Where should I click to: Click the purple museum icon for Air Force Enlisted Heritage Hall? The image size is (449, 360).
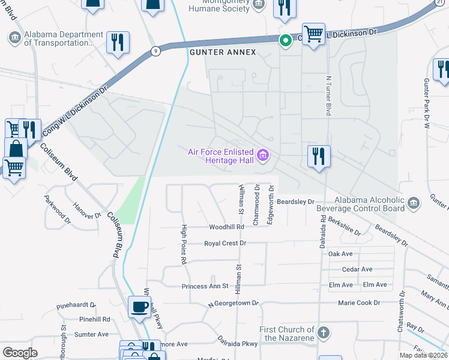pos(262,156)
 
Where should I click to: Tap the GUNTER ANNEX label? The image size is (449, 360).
pos(223,53)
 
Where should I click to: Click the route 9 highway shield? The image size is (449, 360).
pos(155,50)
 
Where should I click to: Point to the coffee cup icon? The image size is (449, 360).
pos(140,307)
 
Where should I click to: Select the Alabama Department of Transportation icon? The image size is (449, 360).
pos(14,38)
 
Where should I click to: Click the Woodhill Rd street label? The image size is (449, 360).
pos(226,227)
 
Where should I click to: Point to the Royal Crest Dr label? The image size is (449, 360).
pos(225,244)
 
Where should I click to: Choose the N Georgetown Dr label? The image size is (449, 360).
pos(233,304)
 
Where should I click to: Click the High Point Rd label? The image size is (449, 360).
pos(184,245)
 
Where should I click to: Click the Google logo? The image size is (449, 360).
pos(20,353)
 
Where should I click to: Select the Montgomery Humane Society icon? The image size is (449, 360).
pos(259,4)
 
